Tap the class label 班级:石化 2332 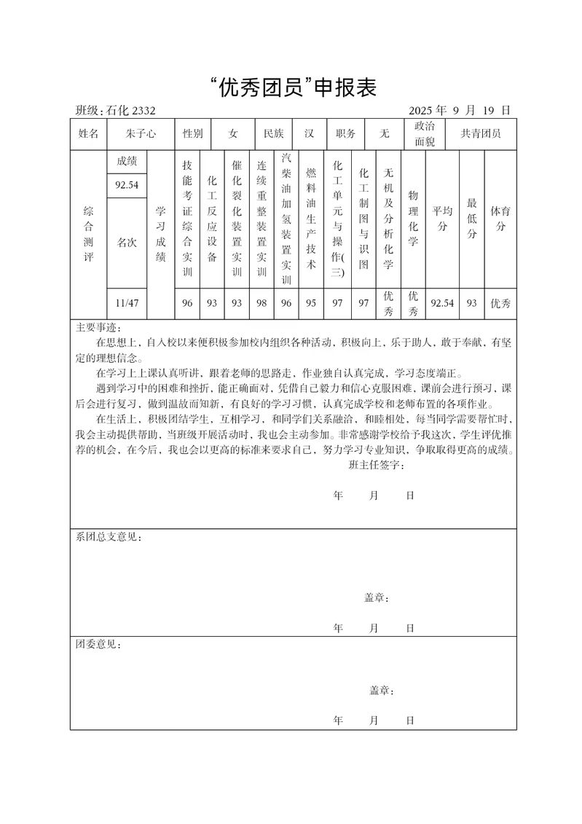click(x=116, y=111)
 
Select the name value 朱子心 click(x=141, y=134)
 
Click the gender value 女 click(x=233, y=134)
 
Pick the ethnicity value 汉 click(x=310, y=134)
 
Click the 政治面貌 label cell click(x=425, y=134)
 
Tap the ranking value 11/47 click(x=127, y=303)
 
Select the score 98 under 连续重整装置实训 click(x=261, y=303)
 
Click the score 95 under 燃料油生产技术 click(x=311, y=303)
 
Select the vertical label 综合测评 click(x=88, y=233)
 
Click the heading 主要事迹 click(x=99, y=326)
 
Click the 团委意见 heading click(x=99, y=646)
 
